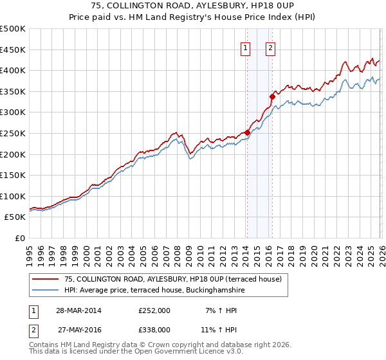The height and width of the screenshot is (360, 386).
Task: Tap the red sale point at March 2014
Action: [247, 132]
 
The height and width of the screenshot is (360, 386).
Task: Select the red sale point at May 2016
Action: [272, 96]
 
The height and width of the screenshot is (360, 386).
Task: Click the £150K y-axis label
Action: [13, 175]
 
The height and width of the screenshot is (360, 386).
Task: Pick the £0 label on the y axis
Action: [19, 238]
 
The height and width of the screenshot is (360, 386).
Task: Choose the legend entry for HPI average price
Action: [154, 291]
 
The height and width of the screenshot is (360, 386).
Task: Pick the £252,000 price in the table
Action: [154, 310]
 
